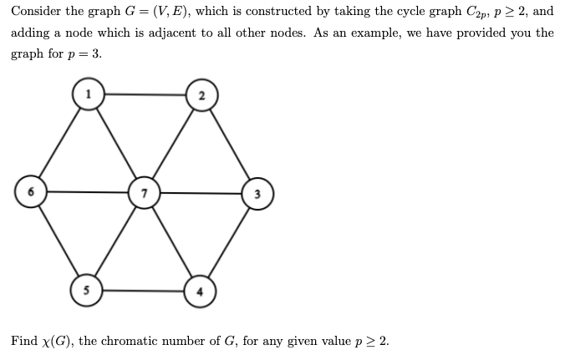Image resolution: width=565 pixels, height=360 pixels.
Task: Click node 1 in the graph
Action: pos(88,93)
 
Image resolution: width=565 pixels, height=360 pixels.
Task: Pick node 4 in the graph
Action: pos(200,292)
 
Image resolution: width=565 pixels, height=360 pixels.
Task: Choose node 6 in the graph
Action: pos(31,192)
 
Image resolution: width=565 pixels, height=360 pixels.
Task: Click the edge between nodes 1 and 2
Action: pos(145,94)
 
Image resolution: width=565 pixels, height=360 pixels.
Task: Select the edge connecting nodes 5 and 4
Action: pos(144,292)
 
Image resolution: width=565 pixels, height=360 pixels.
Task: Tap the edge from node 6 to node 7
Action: pos(88,193)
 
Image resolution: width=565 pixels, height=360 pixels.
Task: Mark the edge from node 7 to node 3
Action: pos(201,193)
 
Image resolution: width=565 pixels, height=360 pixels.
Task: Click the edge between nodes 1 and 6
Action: pos(59,142)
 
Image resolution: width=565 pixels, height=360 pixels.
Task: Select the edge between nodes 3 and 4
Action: pos(229,242)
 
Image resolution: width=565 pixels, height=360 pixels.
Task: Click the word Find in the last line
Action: pos(23,341)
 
